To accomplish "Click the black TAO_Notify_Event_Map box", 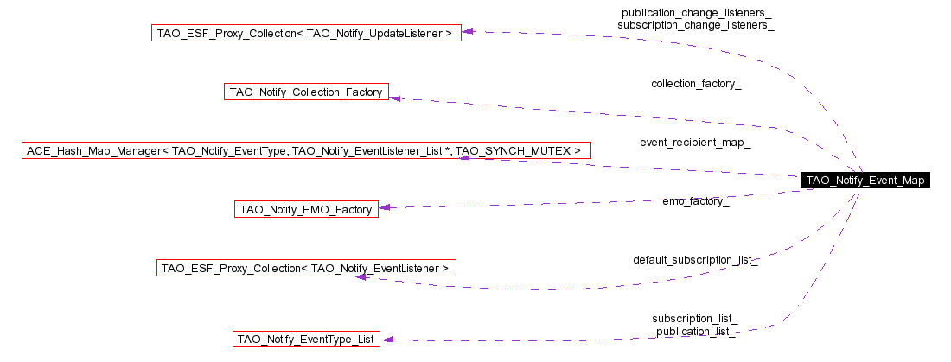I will coord(865,181).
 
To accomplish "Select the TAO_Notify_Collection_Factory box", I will coord(306,92).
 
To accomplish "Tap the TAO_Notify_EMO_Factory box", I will coord(306,209).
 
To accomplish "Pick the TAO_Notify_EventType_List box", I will coord(306,340).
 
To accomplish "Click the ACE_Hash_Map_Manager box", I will coord(305,151).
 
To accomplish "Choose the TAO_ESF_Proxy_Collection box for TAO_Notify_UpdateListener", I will coord(305,34).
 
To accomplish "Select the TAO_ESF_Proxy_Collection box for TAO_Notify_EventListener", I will coord(305,268).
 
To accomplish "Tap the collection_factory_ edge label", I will coord(695,84).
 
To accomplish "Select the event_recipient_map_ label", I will coord(695,143).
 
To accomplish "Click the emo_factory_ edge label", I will coord(695,201).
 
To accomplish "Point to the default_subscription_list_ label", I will coord(695,259).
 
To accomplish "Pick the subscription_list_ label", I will coord(695,319).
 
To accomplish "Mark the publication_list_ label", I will coord(695,332).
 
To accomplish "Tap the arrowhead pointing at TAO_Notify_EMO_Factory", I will coord(385,207).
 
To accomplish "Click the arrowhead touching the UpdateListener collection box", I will coord(467,32).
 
